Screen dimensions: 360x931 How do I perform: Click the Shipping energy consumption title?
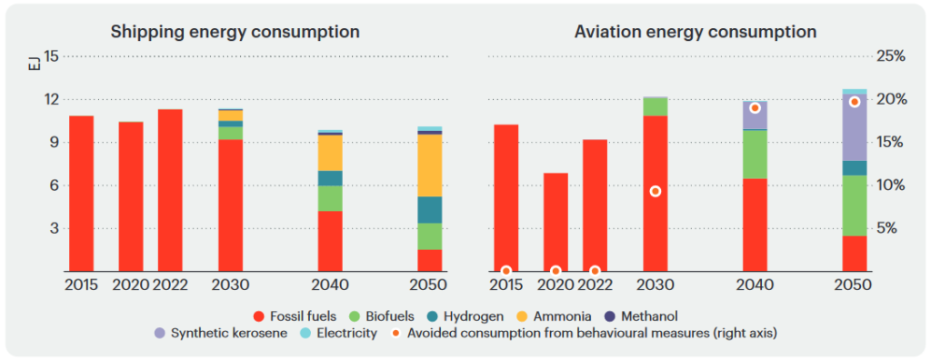235,32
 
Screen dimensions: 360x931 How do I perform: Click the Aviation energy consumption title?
696,32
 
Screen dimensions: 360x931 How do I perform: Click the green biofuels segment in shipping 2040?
330,198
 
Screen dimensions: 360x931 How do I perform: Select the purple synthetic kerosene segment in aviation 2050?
854,127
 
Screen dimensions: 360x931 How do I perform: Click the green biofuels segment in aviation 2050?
854,205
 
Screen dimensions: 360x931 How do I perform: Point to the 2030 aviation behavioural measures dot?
655,191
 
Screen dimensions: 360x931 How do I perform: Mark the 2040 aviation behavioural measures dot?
755,107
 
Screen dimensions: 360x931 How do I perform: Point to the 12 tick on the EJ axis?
51,99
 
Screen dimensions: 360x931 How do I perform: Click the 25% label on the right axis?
889,56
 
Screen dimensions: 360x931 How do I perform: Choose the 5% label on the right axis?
892,228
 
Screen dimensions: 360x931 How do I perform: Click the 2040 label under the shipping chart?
330,285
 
